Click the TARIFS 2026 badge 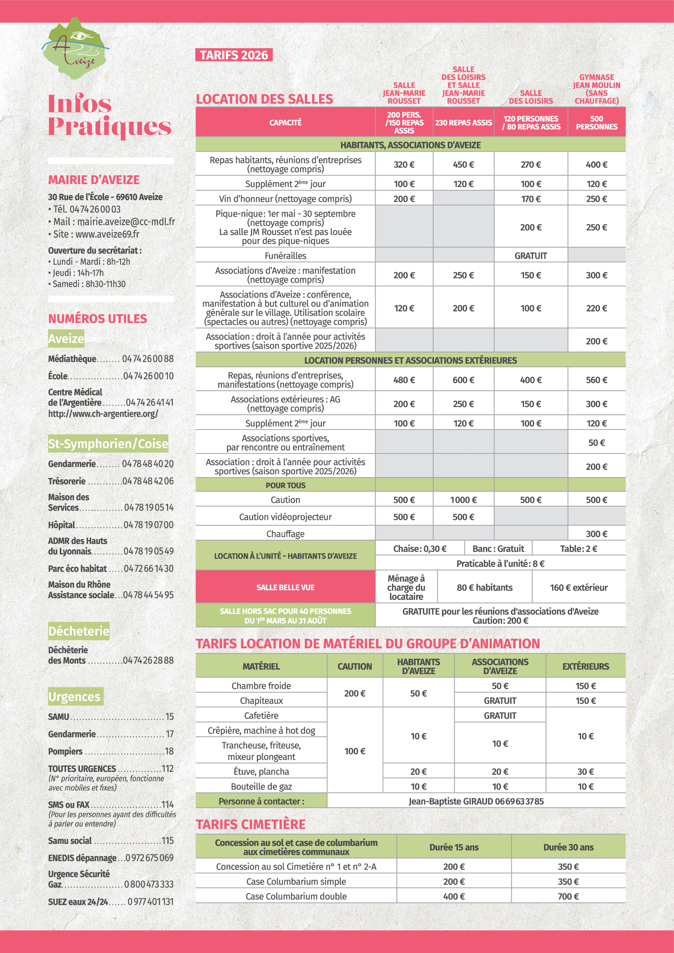pos(233,55)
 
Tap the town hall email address pos(126,222)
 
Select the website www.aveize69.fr pos(107,234)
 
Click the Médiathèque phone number pos(148,359)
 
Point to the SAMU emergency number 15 pos(170,716)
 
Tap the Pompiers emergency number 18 pos(170,751)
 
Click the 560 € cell pos(597,380)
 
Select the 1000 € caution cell pos(463,500)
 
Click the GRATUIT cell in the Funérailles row pos(531,256)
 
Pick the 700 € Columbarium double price pos(568,896)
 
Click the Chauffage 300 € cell pos(597,534)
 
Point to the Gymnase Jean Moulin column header pos(597,89)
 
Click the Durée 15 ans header pos(454,847)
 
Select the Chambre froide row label pos(261,686)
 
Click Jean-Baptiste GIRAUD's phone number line pos(476,801)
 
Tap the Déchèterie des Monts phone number pos(148,660)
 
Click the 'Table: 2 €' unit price pos(578,549)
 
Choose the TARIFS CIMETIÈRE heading pos(251,824)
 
